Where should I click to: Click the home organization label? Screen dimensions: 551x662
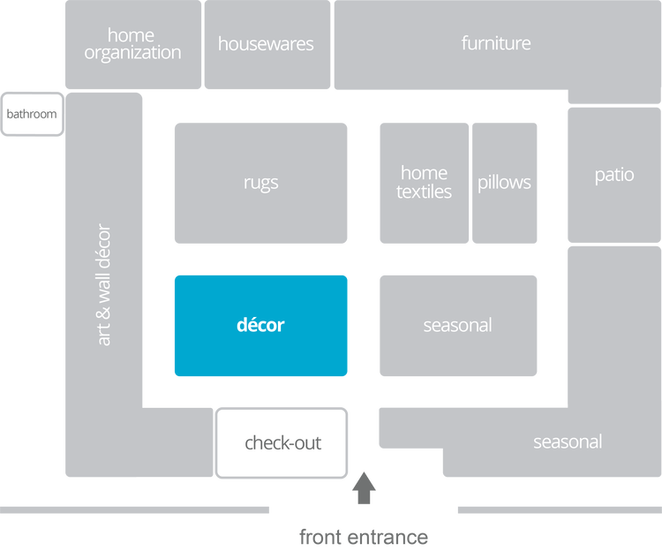[132, 43]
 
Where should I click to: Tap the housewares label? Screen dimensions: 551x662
[266, 43]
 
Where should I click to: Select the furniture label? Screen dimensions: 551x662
[496, 42]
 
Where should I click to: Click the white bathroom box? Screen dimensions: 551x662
[32, 114]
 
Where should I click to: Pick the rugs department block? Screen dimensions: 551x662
[260, 183]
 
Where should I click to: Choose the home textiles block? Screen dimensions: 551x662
[424, 183]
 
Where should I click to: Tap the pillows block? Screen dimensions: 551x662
[504, 183]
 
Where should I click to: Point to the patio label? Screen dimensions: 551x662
[614, 175]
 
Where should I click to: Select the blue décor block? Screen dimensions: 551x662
[260, 325]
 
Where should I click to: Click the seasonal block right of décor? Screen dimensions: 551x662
[457, 325]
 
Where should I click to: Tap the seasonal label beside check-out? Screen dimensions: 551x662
[568, 442]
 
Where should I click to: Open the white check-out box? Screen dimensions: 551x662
[282, 442]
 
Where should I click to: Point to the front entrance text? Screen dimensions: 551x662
[364, 536]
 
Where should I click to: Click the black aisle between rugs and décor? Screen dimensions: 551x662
[260, 260]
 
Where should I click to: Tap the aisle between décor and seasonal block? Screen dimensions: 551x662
[364, 325]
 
